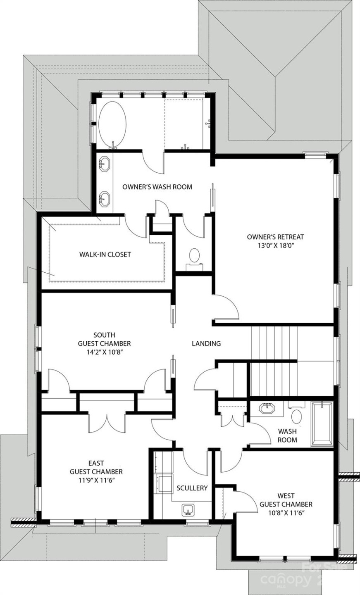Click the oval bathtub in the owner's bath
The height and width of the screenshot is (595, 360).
[x=112, y=123]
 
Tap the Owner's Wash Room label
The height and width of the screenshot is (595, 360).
[x=157, y=187]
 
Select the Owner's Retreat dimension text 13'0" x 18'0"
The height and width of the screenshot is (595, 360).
[x=275, y=245]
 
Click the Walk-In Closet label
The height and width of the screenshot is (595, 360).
[x=105, y=255]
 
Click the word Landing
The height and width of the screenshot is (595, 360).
[x=206, y=343]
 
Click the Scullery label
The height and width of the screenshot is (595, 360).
[x=192, y=488]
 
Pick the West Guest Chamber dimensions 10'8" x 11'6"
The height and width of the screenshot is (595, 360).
[x=286, y=513]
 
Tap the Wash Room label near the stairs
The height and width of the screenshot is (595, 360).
[x=287, y=435]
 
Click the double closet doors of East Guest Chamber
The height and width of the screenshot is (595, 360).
[x=107, y=422]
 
